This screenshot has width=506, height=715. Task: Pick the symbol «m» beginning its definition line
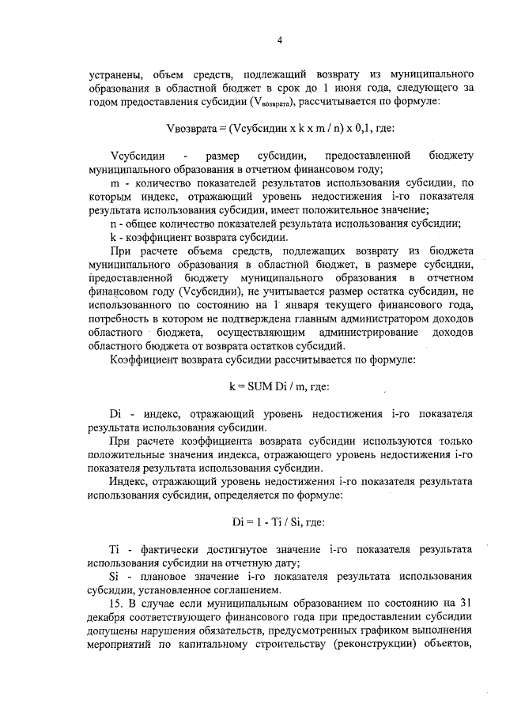click(x=114, y=183)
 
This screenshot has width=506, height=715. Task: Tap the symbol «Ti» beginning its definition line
click(x=115, y=548)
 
